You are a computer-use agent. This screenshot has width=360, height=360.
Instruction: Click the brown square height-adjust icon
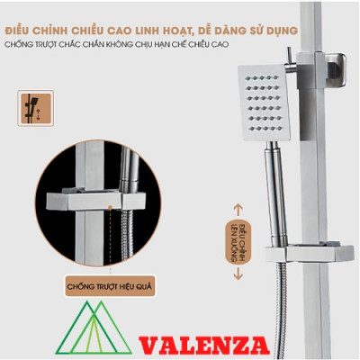click(35, 109)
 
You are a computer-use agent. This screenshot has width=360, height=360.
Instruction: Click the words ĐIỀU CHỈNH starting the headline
click(45, 31)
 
